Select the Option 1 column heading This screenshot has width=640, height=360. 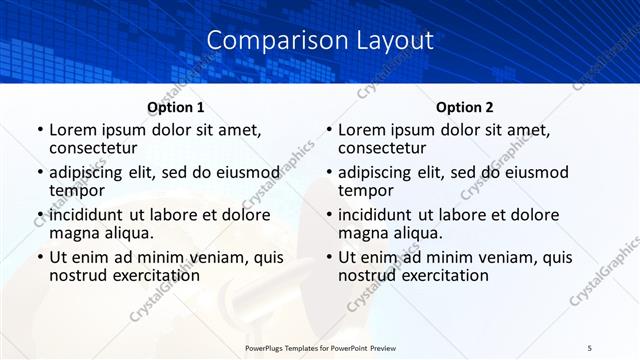175,107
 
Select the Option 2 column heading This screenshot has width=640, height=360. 464,107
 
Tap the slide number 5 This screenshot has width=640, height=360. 590,346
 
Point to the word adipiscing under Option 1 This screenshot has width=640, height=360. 93,172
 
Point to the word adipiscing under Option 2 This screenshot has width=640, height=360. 382,172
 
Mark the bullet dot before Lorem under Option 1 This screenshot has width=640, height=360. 39,130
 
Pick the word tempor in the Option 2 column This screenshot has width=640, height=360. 364,190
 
